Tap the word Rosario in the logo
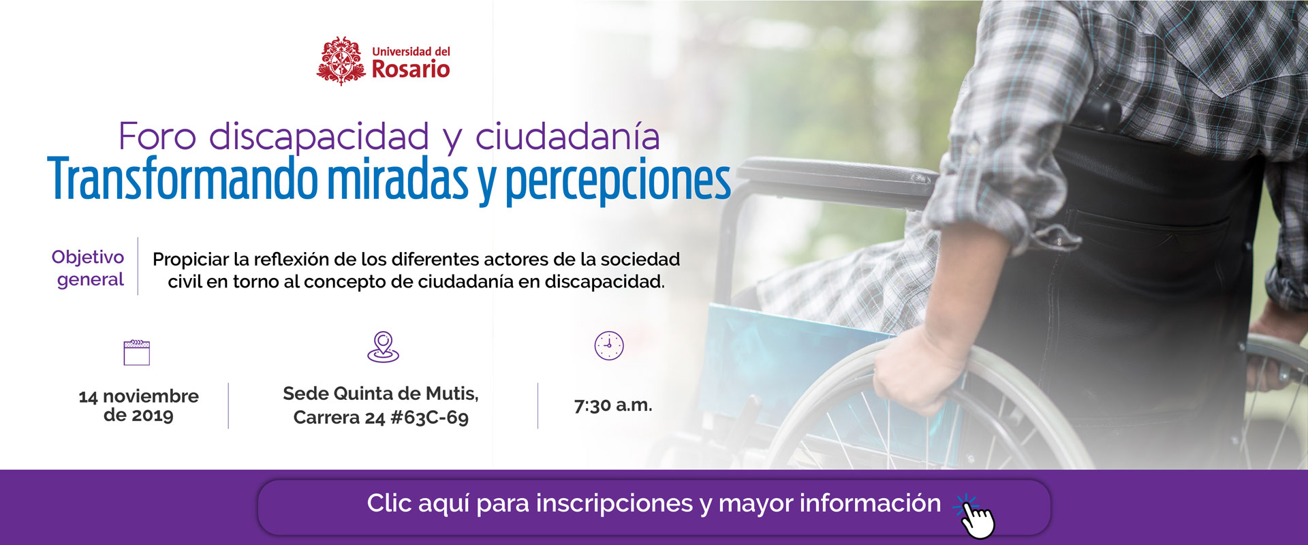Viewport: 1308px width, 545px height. [411, 69]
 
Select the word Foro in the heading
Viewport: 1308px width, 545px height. [157, 137]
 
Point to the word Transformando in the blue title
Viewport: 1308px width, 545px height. [183, 178]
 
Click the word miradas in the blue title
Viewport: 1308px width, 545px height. [398, 178]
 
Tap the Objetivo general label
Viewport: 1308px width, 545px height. [89, 268]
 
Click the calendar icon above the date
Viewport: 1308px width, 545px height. [137, 353]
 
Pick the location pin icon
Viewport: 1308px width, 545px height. [384, 347]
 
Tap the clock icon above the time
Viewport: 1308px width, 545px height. [609, 346]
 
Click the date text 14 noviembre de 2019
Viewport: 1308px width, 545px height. [138, 405]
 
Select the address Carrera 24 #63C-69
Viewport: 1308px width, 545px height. [381, 418]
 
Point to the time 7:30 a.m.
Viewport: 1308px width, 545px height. [613, 405]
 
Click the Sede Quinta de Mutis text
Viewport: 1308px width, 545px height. [381, 394]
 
